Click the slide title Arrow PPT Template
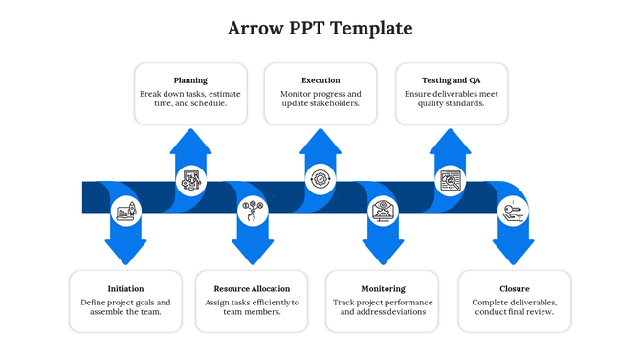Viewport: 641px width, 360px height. coord(320,28)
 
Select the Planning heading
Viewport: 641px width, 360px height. coord(190,80)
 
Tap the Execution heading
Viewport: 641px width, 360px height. coord(320,80)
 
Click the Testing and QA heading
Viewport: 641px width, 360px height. coord(452,80)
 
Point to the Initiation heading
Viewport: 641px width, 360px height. coord(126,288)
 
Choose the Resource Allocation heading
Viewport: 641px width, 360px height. coord(252,288)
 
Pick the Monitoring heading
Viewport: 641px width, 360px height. coord(383,288)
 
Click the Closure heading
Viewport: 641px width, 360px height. coord(514,288)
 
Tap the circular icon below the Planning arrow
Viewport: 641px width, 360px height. coord(191,179)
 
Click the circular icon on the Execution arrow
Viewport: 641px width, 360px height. coord(320,179)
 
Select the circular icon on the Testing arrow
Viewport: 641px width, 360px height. coord(451,179)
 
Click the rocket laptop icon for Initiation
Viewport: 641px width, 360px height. coord(126,211)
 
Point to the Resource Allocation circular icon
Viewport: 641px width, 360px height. coord(253,211)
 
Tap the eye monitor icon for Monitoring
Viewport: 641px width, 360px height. coord(383,211)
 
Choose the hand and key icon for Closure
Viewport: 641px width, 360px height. coord(512,211)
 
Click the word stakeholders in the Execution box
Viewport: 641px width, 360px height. coord(334,103)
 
